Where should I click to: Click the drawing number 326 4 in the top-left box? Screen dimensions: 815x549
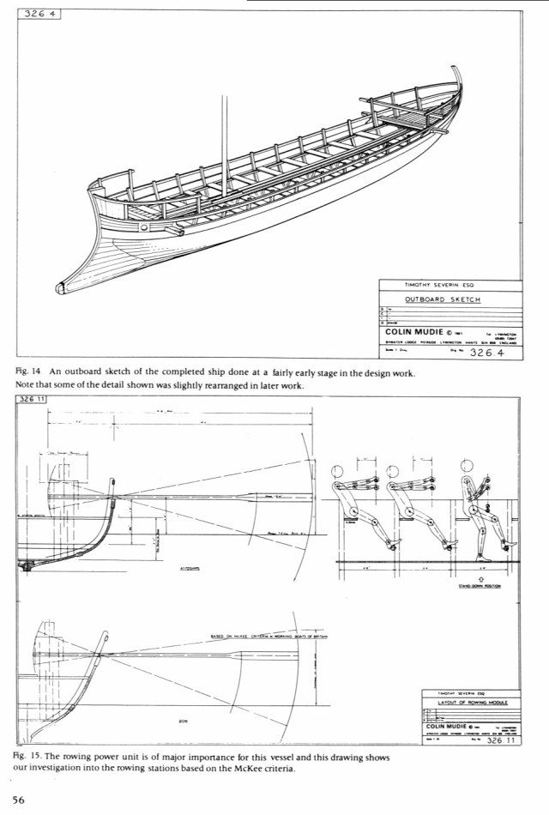click(x=36, y=15)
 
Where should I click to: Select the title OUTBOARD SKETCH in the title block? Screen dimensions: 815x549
click(x=443, y=299)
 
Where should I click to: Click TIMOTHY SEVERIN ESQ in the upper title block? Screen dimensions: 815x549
click(x=441, y=285)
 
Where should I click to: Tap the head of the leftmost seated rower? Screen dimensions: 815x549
click(x=336, y=470)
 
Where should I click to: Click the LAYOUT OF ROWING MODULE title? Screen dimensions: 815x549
click(x=468, y=702)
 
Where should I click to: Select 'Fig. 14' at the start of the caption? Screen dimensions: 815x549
click(x=29, y=372)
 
